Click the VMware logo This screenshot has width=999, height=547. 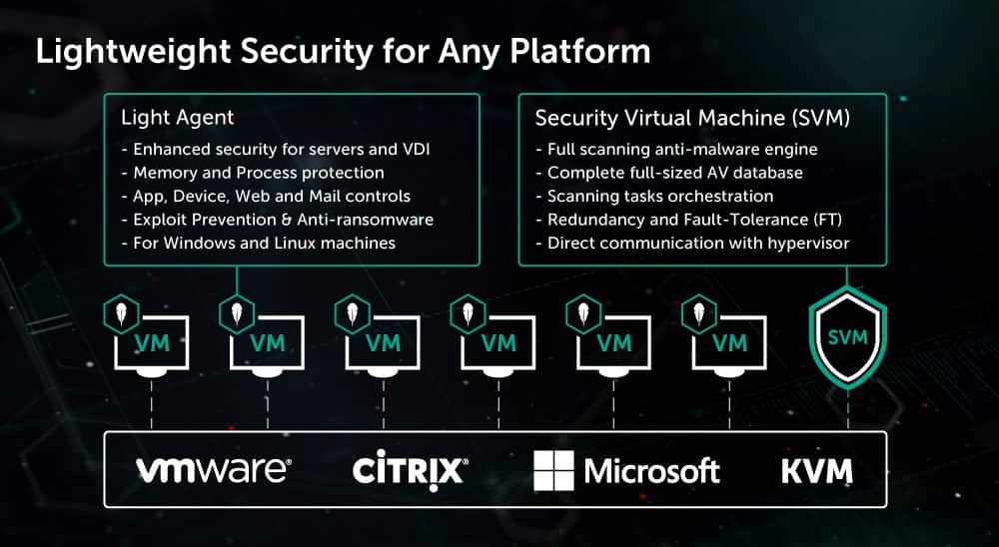(x=213, y=469)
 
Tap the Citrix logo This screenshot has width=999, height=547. (x=410, y=469)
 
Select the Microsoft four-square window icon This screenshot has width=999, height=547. (x=553, y=469)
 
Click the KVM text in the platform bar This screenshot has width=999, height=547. (x=817, y=469)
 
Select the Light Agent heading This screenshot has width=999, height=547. (x=177, y=118)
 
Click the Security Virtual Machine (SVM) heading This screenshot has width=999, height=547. (x=692, y=118)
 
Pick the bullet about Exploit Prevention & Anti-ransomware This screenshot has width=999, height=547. (x=277, y=220)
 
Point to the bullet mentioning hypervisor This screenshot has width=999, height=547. (x=688, y=244)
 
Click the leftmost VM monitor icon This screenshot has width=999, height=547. (x=152, y=343)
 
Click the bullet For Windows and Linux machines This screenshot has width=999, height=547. (x=258, y=244)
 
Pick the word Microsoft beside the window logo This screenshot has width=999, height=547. (x=651, y=470)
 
